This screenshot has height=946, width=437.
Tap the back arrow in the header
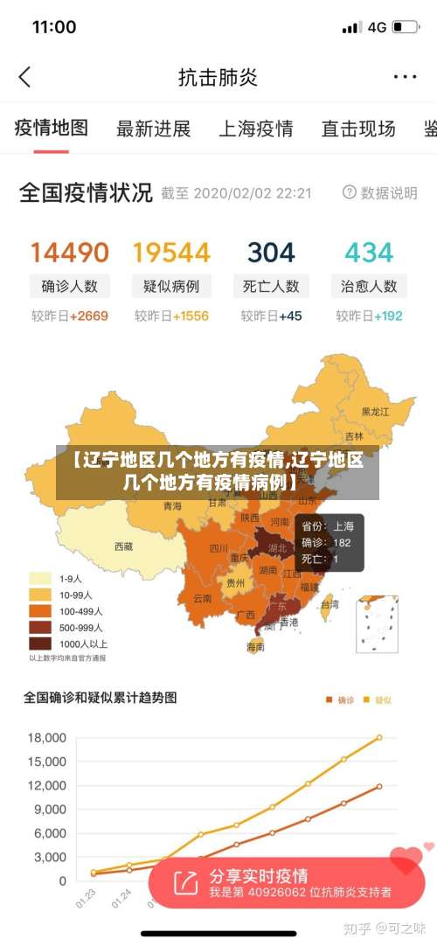pos(24,77)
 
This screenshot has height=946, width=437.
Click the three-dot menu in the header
pos(405,77)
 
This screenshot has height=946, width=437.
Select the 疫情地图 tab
pos(52,129)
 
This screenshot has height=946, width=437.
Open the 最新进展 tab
pos(153,129)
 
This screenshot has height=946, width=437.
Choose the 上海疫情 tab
pos(255,129)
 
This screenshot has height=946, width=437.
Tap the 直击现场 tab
pos(357,129)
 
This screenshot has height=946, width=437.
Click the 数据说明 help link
pos(380,192)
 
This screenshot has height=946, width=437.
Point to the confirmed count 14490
pos(70,253)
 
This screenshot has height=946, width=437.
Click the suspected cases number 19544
pos(171,253)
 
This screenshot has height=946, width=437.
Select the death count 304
pos(271,253)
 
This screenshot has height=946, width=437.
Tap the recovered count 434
pos(369,253)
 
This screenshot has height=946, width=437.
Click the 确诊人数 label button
pos(70,286)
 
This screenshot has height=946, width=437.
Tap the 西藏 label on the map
pos(123,546)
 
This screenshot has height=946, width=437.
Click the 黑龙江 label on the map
pos(377,411)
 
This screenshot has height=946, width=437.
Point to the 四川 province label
pos(218,549)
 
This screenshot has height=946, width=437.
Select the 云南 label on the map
pos(202,599)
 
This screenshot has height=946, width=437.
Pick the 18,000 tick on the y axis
pos(47,738)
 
